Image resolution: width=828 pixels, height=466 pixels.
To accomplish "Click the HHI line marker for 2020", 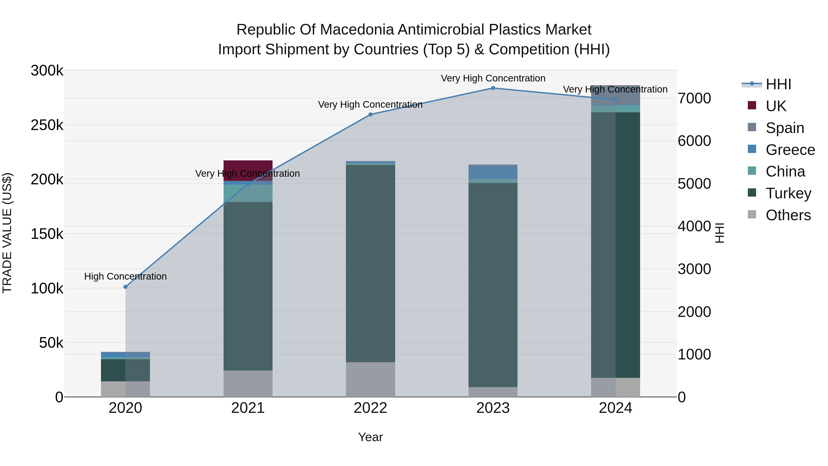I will (125, 287).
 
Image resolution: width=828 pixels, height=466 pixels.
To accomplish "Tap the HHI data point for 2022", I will (370, 115).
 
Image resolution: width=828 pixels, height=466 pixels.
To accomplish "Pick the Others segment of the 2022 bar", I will (370, 379).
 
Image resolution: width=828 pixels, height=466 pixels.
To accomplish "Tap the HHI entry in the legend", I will (778, 84).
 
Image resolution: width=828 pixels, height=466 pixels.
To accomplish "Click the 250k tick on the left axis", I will (47, 125).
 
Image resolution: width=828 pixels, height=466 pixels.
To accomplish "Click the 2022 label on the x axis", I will (370, 408).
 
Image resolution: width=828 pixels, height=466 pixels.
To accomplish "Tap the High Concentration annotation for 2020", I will (125, 276).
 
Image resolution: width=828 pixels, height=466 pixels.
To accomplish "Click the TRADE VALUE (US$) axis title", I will (7, 233).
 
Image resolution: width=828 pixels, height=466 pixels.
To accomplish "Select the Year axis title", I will (370, 437).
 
